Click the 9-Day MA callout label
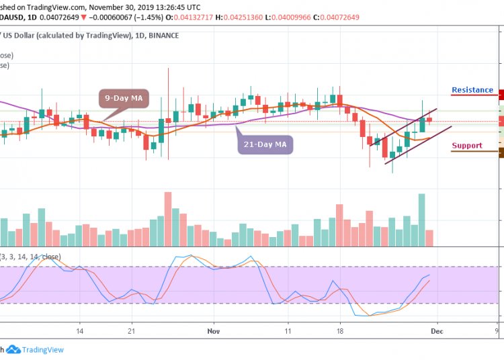pos(123,99)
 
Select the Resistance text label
pos(472,90)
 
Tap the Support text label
pos(466,146)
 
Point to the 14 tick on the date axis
pos(79,331)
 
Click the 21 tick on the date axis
pos(132,331)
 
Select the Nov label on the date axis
pos(214,331)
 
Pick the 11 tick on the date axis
pos(288,331)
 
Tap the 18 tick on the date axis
pos(340,331)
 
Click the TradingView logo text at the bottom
pos(43,349)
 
